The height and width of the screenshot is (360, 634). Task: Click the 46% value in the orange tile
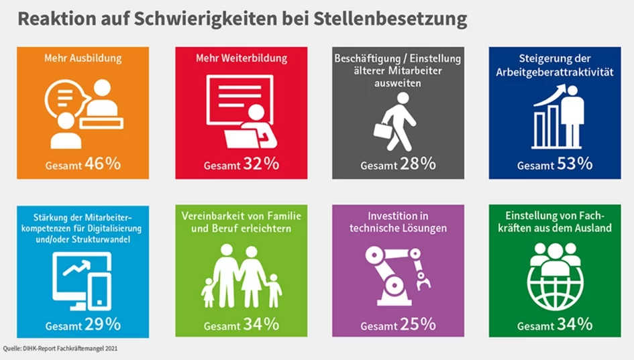tap(103, 164)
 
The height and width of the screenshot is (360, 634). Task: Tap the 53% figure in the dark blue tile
tap(576, 164)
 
